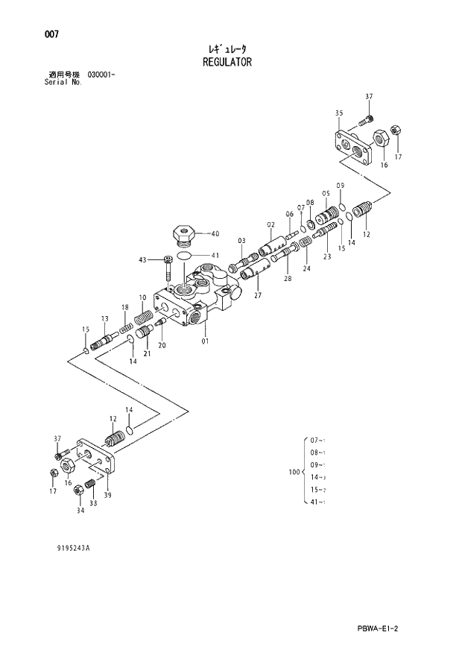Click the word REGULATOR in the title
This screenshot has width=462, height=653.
point(227,63)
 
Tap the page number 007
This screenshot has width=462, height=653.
point(51,34)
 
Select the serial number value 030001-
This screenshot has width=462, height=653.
point(101,75)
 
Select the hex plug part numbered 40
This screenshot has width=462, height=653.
point(183,234)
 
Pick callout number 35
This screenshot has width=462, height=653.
point(339,113)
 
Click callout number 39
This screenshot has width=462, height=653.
point(107,496)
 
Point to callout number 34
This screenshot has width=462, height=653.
point(80,511)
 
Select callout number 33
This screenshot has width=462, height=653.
point(94,504)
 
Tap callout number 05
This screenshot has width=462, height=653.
point(326,193)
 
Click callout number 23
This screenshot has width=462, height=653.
point(326,256)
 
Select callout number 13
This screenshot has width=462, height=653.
point(104,319)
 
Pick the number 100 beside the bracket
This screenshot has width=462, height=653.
point(294,472)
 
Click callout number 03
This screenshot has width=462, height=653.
point(242,241)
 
